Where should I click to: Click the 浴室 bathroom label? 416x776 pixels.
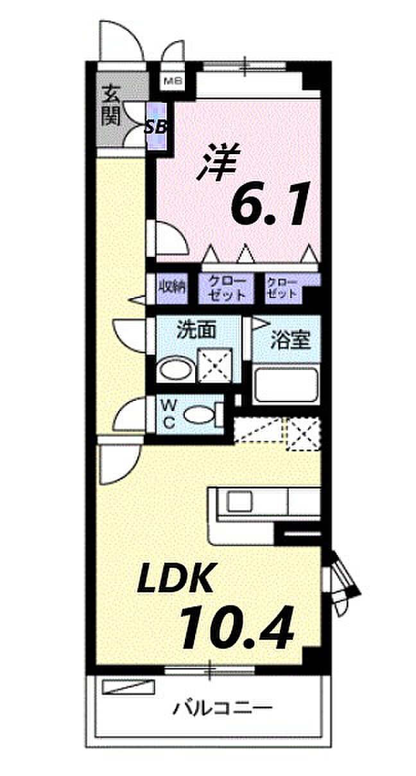[290, 340]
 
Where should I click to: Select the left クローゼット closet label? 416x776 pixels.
[223, 288]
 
